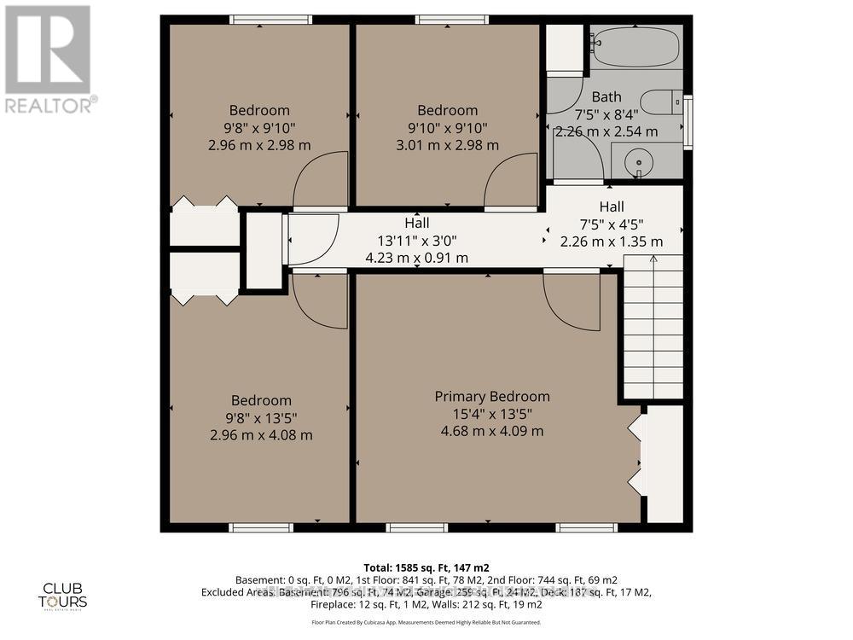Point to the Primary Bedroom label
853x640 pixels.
[x=492, y=397]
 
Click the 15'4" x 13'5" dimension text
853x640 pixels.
[x=492, y=414]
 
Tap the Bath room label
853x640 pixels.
[x=607, y=97]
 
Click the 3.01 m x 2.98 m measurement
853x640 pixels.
[x=447, y=145]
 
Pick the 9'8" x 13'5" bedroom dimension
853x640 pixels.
[x=261, y=417]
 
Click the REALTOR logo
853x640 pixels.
[x=49, y=60]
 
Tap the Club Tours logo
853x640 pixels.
[x=66, y=594]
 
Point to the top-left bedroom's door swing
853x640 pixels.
[x=322, y=180]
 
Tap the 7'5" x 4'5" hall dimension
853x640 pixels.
[x=611, y=224]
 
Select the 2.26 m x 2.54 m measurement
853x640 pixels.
[x=606, y=131]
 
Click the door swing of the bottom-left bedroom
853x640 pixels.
[x=319, y=300]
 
